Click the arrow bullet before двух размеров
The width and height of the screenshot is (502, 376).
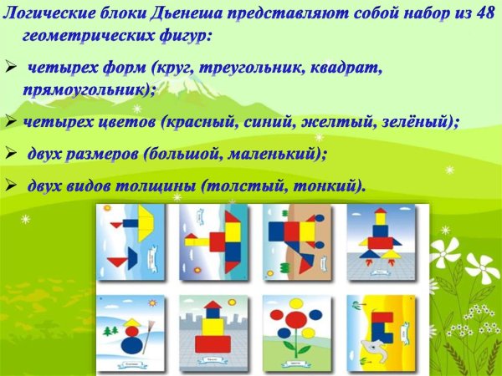(11, 154)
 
